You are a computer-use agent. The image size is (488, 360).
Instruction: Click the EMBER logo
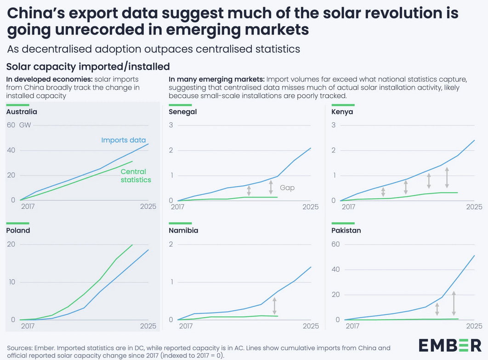[450, 345]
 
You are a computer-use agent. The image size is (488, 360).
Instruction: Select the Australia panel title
[22, 112]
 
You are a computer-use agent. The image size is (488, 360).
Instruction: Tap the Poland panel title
[18, 230]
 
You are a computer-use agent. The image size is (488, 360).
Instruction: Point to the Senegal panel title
[183, 112]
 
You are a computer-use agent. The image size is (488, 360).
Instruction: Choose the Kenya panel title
[342, 112]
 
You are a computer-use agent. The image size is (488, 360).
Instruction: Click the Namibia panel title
[184, 230]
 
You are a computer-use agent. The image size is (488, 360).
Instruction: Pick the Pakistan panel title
[346, 230]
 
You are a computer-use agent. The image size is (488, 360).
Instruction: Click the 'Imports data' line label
[123, 140]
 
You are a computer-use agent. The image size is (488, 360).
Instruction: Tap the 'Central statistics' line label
[136, 176]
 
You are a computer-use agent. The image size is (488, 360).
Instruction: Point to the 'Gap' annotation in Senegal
[287, 188]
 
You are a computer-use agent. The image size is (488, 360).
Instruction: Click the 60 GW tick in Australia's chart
[18, 125]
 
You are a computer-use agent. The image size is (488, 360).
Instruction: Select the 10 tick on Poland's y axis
[12, 282]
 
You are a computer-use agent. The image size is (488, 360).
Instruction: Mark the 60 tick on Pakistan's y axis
[335, 244]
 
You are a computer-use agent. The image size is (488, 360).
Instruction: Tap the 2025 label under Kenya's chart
[474, 207]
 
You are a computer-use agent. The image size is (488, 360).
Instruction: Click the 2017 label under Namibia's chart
[186, 326]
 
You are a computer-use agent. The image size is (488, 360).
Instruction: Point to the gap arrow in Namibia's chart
[274, 305]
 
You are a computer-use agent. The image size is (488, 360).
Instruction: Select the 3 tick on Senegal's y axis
[171, 125]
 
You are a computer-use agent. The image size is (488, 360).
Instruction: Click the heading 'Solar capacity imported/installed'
[88, 67]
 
